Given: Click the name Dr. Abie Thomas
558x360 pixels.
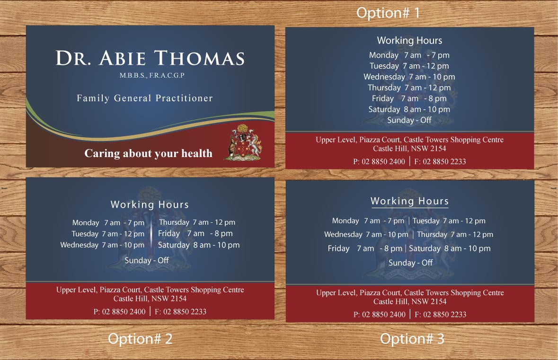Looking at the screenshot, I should [x=150, y=59].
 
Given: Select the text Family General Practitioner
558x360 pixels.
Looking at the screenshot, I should [x=145, y=98].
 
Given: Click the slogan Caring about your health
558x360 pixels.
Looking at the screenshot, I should [x=148, y=153].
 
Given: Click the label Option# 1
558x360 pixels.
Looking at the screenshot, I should [x=388, y=13].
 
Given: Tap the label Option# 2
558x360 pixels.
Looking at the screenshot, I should [x=140, y=339].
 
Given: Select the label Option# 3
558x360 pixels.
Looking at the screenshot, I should [x=412, y=339].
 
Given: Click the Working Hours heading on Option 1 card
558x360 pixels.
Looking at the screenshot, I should [x=409, y=41].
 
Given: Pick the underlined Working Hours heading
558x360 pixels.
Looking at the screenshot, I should [x=409, y=201].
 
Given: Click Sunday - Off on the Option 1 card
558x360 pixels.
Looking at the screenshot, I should [x=409, y=120].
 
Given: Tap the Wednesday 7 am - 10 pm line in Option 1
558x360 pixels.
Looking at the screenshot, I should [x=409, y=77].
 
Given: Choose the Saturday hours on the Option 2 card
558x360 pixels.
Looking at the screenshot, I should [x=199, y=245].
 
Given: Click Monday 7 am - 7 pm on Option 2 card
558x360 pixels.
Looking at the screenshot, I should [x=108, y=222].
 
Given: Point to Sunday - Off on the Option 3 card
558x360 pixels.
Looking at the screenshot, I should [x=411, y=263].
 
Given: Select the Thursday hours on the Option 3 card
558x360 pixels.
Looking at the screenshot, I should [x=455, y=234].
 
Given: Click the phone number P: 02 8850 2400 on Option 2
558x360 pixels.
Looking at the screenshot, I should [x=120, y=312].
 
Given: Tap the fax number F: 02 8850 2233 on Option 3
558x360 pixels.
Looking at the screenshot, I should [x=441, y=315].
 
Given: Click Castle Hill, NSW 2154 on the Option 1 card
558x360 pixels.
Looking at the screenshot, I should [x=409, y=149].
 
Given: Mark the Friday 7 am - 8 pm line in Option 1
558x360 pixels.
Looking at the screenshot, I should [x=409, y=98].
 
